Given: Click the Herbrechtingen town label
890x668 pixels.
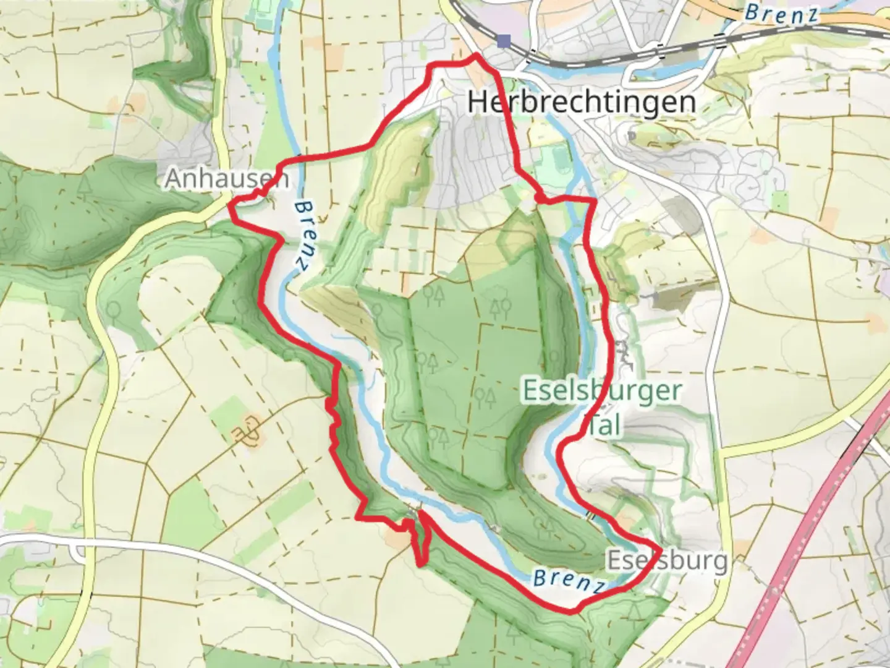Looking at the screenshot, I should (582, 101).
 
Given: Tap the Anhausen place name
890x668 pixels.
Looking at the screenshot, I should (226, 179).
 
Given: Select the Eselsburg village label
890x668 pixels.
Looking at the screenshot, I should (667, 560).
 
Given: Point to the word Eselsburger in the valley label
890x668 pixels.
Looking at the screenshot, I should (603, 391).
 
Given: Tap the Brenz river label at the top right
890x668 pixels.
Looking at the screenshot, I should (781, 14).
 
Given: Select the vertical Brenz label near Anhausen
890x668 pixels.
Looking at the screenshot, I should (301, 234).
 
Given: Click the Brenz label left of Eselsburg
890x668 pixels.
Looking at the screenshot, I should (567, 581).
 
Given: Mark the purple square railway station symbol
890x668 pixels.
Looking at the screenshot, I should (504, 41).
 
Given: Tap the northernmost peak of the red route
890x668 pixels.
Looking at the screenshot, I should (476, 55).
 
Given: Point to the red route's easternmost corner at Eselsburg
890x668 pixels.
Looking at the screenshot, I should (661, 549).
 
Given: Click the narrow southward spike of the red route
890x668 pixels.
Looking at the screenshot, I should (420, 563).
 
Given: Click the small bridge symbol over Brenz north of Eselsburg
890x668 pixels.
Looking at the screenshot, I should (590, 515).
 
